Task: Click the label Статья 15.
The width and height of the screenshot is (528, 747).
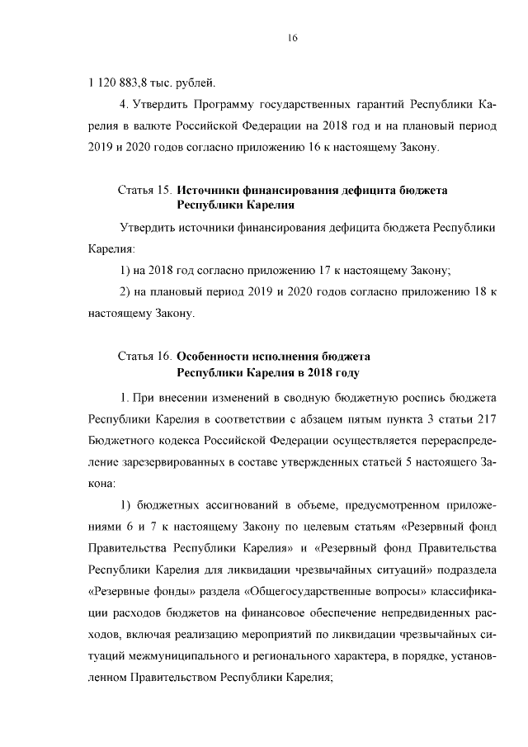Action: pyautogui.click(x=144, y=191)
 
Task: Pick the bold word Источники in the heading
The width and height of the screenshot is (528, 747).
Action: pyautogui.click(x=210, y=191)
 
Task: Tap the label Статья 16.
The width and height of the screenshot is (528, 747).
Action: pyautogui.click(x=144, y=357)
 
